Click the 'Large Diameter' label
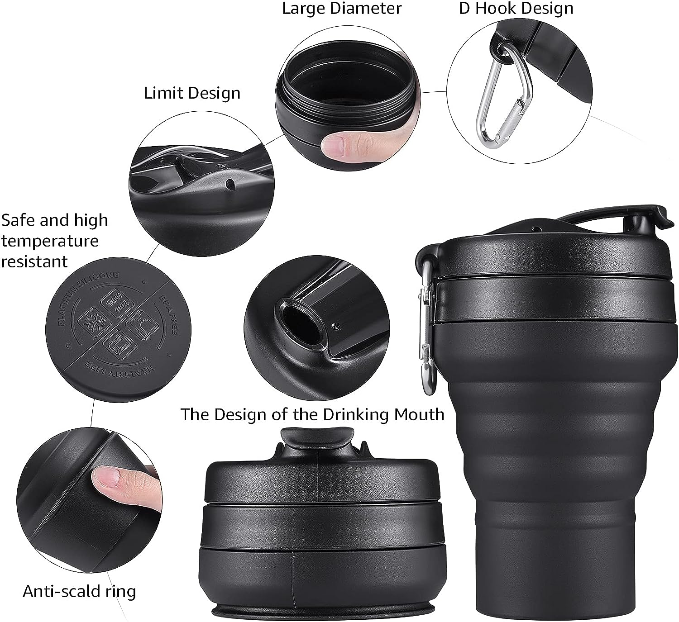(342, 9)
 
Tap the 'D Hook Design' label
(516, 9)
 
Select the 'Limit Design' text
(192, 93)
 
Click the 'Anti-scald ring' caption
(79, 591)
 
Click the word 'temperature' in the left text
(50, 241)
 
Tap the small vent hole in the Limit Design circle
(231, 183)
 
